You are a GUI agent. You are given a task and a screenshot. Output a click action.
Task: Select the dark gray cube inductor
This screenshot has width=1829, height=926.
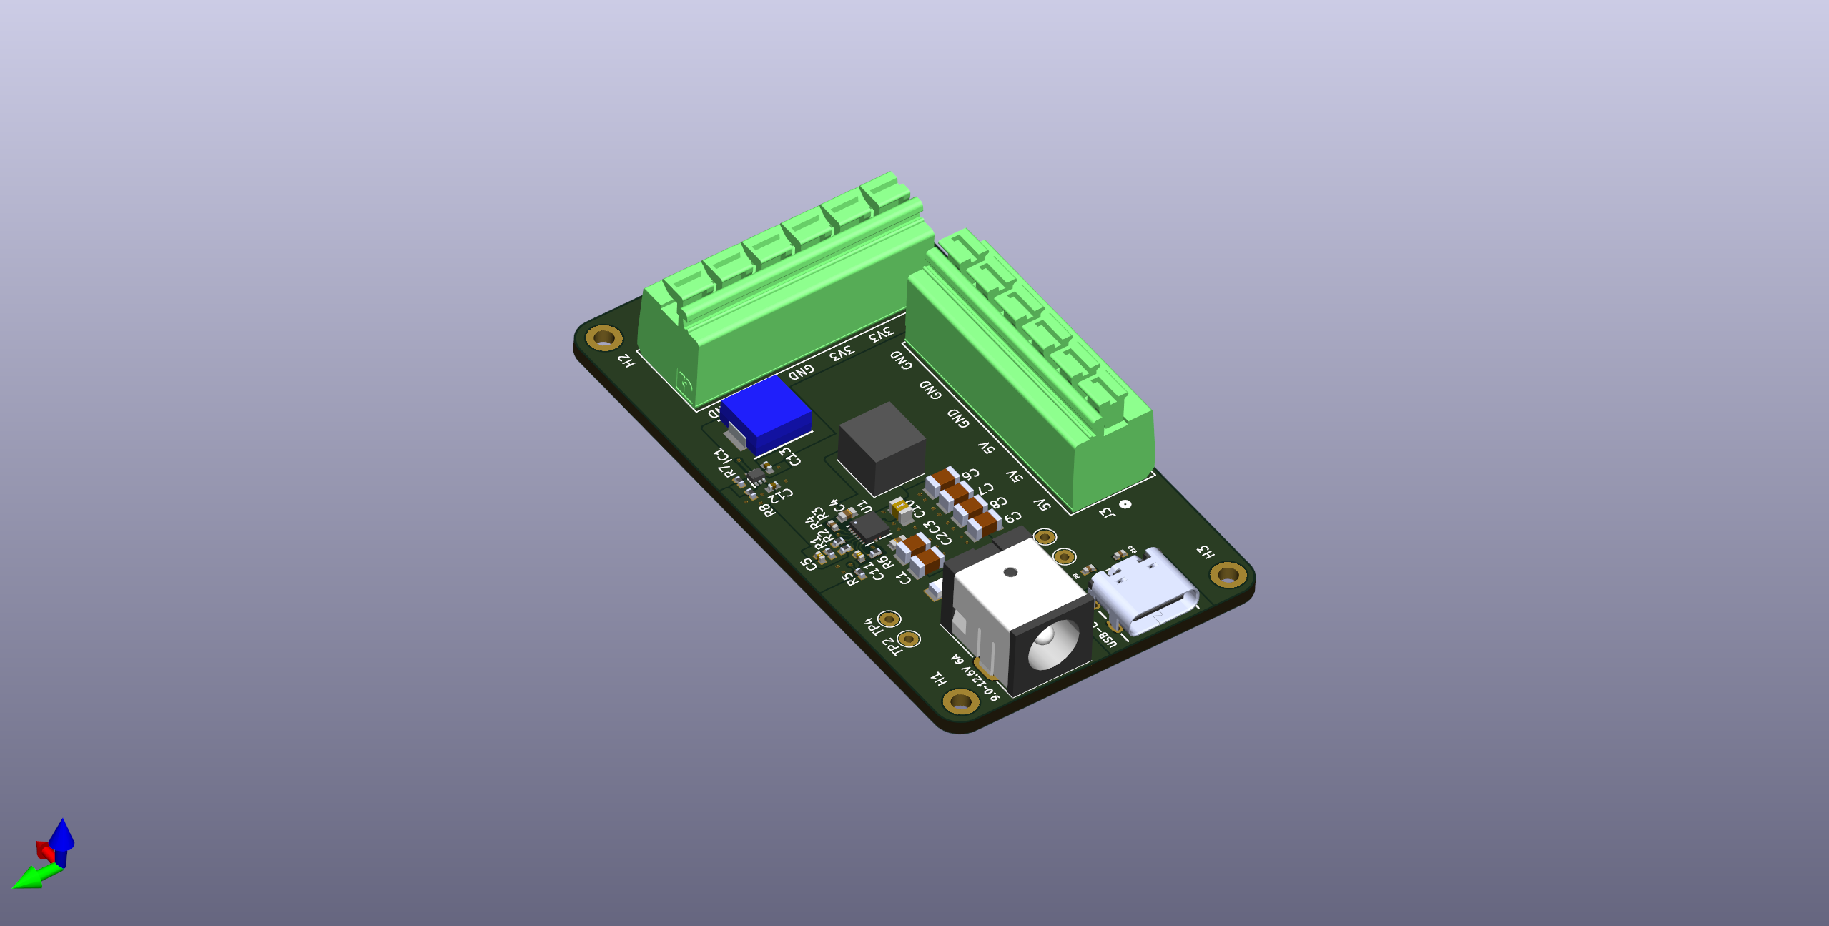[881, 447]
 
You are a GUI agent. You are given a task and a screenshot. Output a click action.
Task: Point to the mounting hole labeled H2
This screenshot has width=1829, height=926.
[603, 337]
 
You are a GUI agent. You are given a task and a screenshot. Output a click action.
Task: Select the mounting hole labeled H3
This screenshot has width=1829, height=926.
[1228, 573]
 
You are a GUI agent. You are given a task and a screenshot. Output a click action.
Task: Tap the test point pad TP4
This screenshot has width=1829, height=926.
[889, 619]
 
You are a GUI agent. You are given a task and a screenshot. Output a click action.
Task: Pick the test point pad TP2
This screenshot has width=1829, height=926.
[909, 638]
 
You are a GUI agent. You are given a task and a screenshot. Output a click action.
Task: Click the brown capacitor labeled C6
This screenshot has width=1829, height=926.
[942, 482]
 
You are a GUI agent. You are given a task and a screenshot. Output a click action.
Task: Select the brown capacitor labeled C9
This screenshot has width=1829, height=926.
[984, 525]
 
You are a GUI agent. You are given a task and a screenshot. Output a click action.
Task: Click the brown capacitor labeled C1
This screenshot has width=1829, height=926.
[927, 562]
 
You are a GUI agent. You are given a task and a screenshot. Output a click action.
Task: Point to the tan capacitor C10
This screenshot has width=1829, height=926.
[902, 510]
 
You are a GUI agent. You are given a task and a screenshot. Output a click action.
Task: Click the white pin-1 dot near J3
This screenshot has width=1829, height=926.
[1125, 504]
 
